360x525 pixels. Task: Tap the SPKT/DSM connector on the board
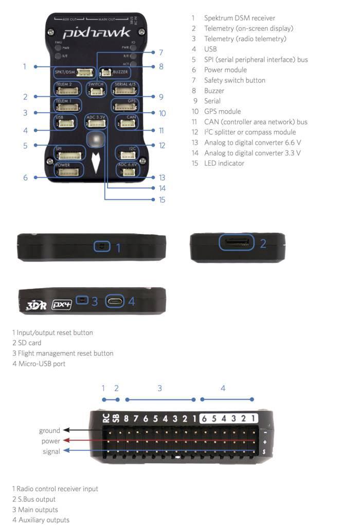click(84, 72)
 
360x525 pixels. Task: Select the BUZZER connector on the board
click(106, 73)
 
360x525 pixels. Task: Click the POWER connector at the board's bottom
click(69, 172)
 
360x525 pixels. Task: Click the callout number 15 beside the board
click(162, 200)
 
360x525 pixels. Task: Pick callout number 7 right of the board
click(161, 52)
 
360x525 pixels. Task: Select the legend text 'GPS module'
click(222, 111)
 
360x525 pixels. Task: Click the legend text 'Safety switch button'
click(234, 80)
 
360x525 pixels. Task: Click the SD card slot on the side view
click(237, 242)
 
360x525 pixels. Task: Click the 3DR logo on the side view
click(36, 305)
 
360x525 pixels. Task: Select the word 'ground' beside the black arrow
click(49, 430)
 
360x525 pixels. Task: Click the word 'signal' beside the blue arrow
click(51, 451)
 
